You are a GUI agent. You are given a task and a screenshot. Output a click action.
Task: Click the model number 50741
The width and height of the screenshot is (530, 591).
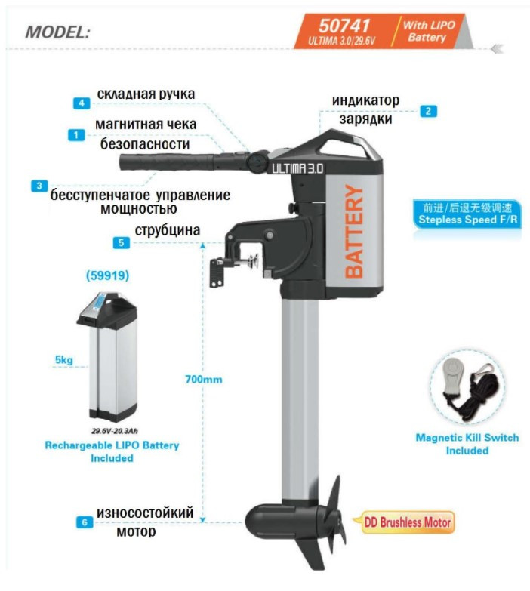[x=344, y=26]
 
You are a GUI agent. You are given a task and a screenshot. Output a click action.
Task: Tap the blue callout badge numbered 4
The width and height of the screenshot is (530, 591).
[x=82, y=103]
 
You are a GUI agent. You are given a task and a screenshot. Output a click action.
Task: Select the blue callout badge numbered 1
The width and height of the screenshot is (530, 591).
[x=76, y=134]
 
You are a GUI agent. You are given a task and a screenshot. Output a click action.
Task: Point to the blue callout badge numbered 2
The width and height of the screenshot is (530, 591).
[x=428, y=111]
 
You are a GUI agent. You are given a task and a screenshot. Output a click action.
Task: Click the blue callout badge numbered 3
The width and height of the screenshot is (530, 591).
[x=39, y=186]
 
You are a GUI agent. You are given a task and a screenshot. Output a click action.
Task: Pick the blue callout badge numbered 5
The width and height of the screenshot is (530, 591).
[x=121, y=242]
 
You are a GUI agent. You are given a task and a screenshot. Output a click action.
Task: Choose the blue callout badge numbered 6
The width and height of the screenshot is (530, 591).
[x=85, y=522]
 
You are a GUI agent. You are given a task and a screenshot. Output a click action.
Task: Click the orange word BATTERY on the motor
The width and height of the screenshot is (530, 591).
[x=354, y=232]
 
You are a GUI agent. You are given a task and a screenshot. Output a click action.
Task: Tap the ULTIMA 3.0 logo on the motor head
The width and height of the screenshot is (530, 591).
[x=297, y=168]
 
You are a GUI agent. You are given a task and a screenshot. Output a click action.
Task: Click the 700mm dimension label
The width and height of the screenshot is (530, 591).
[x=204, y=379]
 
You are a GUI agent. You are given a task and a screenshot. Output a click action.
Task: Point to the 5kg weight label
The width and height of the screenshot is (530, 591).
[x=64, y=360]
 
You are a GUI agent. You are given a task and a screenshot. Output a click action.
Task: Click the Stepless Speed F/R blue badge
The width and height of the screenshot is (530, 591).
[x=467, y=214]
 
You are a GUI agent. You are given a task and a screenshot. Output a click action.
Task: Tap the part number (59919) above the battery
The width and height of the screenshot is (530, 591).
[x=107, y=275]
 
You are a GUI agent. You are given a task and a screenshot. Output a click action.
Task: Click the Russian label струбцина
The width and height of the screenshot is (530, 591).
[x=168, y=230]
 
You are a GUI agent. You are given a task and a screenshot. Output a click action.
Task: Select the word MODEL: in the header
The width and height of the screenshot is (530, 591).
[x=57, y=32]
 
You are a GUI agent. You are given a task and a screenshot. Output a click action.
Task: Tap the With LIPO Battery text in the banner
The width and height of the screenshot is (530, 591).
[x=429, y=31]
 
